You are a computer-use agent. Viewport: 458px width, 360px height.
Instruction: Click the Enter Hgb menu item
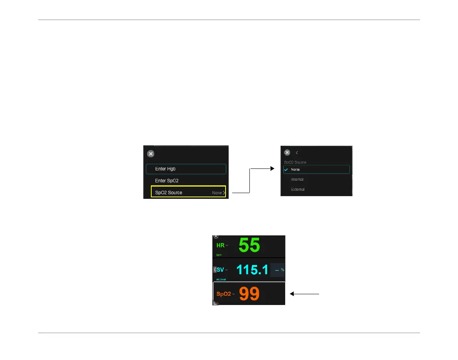(x=165, y=169)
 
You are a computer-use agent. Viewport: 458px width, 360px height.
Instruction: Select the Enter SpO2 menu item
(x=167, y=180)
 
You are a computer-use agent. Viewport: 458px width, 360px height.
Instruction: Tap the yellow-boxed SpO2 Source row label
(x=169, y=192)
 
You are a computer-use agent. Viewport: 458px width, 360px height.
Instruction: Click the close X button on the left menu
(x=151, y=153)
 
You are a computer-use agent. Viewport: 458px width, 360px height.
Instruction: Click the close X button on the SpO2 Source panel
(x=287, y=152)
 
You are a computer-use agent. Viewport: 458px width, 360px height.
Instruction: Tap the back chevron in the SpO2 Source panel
(x=297, y=153)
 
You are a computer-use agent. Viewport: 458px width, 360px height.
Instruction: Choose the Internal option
(x=297, y=179)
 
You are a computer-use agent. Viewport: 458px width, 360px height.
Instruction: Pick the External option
(x=298, y=189)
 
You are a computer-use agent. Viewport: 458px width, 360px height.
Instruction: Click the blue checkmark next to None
(x=286, y=170)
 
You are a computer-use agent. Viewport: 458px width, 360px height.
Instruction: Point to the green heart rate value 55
(x=249, y=245)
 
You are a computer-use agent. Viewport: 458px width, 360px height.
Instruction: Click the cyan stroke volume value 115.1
(x=252, y=270)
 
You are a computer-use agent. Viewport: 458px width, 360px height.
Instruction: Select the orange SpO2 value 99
(x=249, y=294)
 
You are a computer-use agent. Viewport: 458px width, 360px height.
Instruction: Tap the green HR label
(x=221, y=245)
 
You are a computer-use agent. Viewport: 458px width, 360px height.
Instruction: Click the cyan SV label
(x=220, y=270)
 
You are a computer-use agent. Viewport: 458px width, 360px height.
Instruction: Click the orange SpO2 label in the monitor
(x=224, y=294)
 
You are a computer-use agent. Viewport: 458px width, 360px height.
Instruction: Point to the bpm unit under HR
(x=219, y=255)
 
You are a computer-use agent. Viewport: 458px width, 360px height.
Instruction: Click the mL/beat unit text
(x=221, y=279)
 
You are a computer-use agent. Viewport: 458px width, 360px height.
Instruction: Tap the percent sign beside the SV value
(x=282, y=270)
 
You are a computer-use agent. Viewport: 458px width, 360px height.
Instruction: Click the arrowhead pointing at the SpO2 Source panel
(x=273, y=168)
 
